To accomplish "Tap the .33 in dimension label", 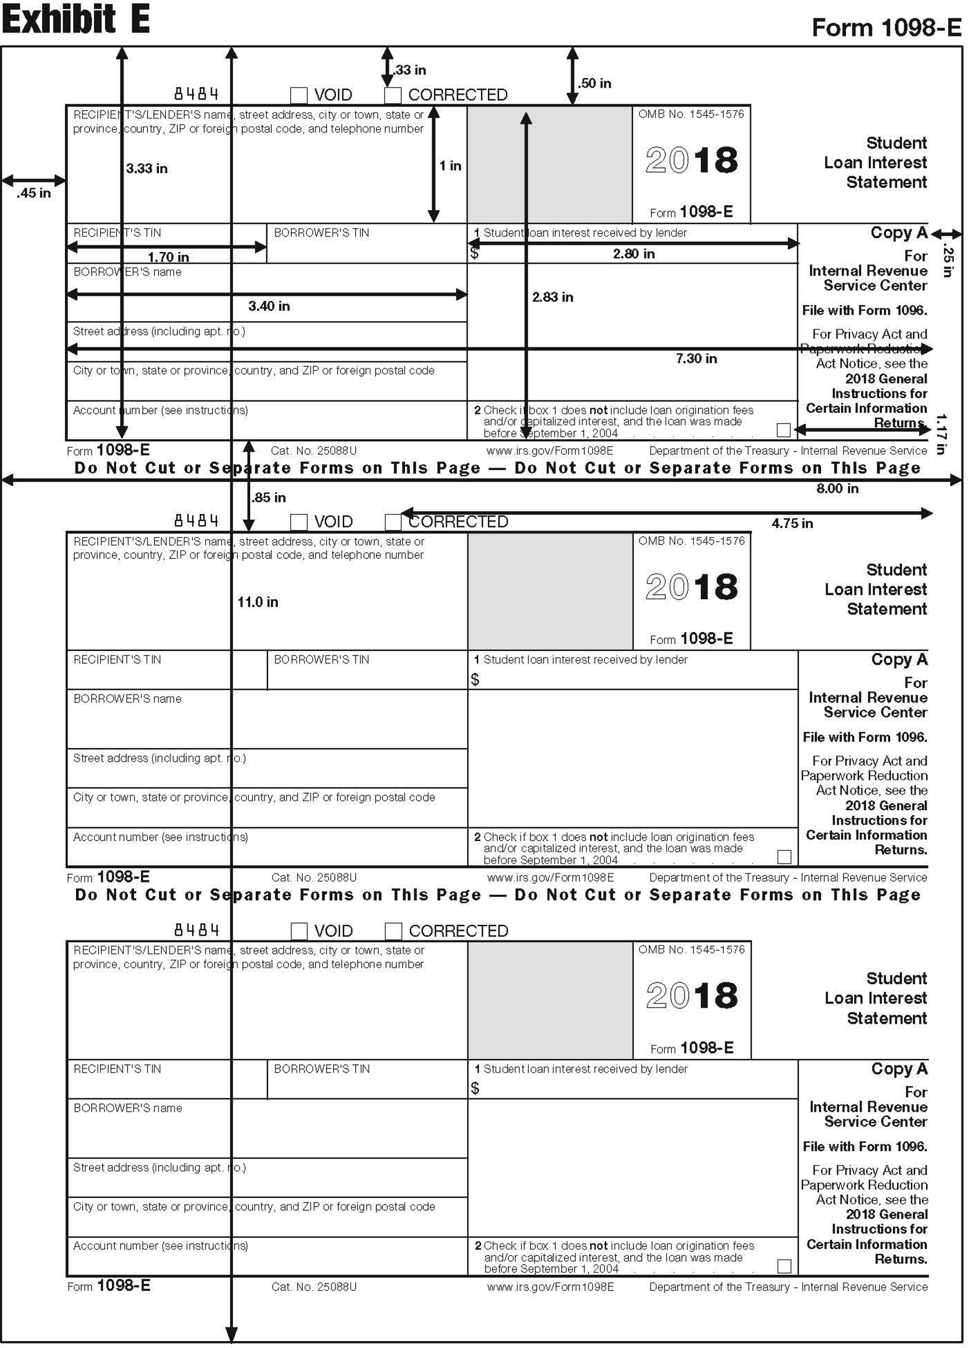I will click(x=410, y=70).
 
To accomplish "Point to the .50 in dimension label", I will click(x=595, y=83).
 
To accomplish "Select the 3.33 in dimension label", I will click(x=146, y=169).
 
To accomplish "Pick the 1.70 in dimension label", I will click(x=168, y=257).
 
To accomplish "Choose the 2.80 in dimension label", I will click(x=634, y=254).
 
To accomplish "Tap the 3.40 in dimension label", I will click(x=269, y=306).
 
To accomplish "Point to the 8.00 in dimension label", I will click(x=837, y=489).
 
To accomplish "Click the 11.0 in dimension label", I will click(x=257, y=602).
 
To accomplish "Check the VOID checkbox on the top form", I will click(x=298, y=95).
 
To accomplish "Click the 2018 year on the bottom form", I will click(x=691, y=996).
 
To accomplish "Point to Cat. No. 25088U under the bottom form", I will click(x=314, y=1287).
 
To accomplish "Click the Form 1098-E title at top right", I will click(x=886, y=27).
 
